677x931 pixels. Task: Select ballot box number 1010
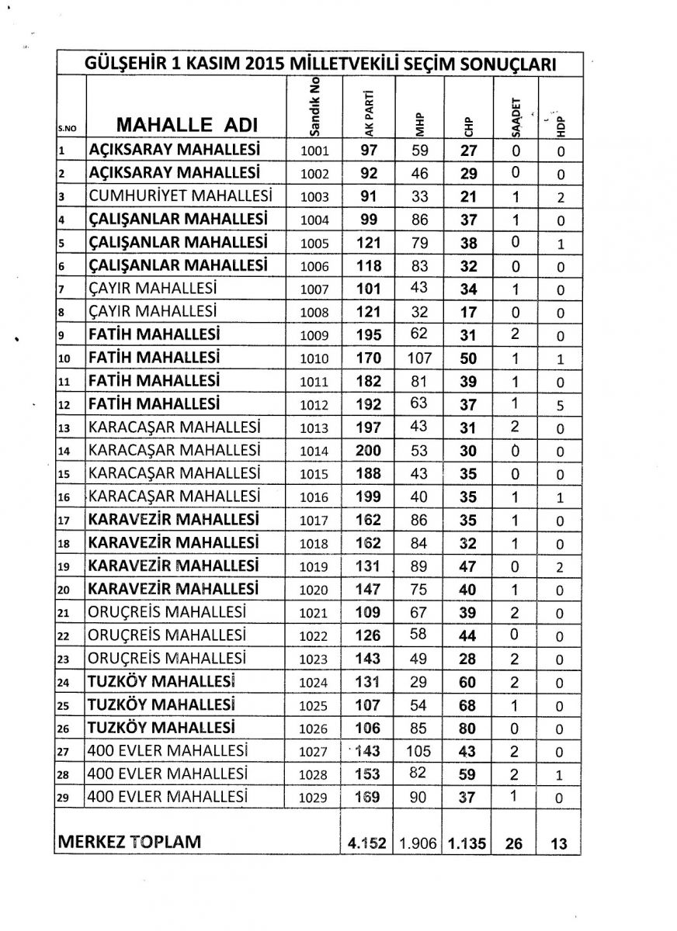[314, 358]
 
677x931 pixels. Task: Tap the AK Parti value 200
[369, 451]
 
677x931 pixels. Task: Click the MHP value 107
[419, 358]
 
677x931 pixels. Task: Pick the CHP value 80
[467, 728]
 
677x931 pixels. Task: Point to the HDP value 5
[560, 405]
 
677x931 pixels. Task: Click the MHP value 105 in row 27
[419, 751]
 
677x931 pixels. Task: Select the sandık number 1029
[314, 798]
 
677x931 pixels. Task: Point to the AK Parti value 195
[369, 335]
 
